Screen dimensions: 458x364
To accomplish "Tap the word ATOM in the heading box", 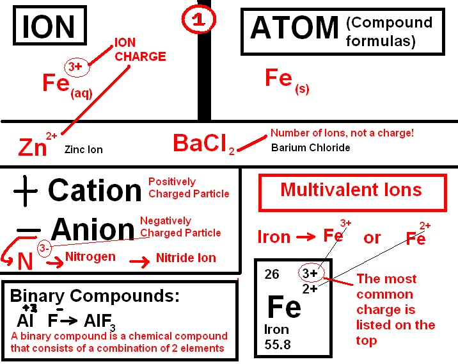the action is click(294, 28).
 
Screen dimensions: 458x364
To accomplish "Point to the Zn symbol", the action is click(33, 147).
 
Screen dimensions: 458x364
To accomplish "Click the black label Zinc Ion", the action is click(84, 150).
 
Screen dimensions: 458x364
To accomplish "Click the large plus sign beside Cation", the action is click(26, 192).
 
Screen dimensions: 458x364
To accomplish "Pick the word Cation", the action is click(95, 190).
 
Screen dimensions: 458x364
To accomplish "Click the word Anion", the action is click(93, 229).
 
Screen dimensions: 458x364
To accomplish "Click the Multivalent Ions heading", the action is click(351, 190).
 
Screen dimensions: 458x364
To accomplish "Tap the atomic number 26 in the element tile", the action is click(272, 274).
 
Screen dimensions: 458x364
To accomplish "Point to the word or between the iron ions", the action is click(372, 238).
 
